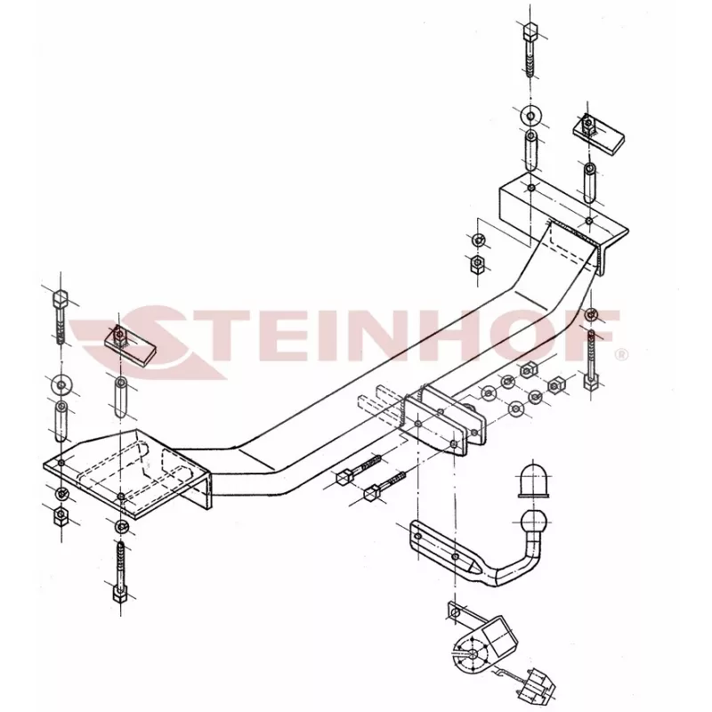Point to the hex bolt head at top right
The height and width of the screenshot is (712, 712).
[530, 33]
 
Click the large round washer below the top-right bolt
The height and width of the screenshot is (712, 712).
[530, 115]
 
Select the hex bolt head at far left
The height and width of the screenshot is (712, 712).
[61, 299]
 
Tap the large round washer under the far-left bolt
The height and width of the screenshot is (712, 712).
[61, 385]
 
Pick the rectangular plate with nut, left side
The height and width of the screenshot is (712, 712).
[130, 346]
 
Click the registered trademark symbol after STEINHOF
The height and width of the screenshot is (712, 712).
[620, 354]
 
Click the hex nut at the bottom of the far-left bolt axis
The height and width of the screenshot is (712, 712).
[61, 515]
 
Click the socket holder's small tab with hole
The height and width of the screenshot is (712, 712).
[456, 612]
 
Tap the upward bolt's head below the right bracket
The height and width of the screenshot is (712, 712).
[591, 381]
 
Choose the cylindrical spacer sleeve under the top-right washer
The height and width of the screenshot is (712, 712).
[530, 150]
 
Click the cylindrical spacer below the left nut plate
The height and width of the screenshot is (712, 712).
[120, 397]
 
